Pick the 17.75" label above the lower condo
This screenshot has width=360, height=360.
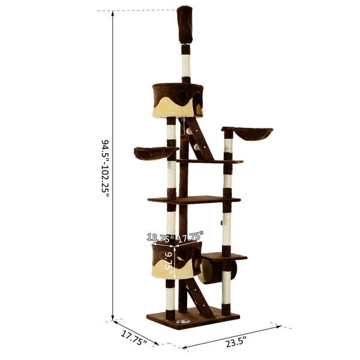coord(190,235)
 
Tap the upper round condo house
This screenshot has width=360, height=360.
coord(177,100)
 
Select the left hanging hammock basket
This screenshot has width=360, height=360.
coord(154,153)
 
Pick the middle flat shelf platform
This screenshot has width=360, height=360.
coord(193,200)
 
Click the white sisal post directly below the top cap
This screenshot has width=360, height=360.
coord(186,64)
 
